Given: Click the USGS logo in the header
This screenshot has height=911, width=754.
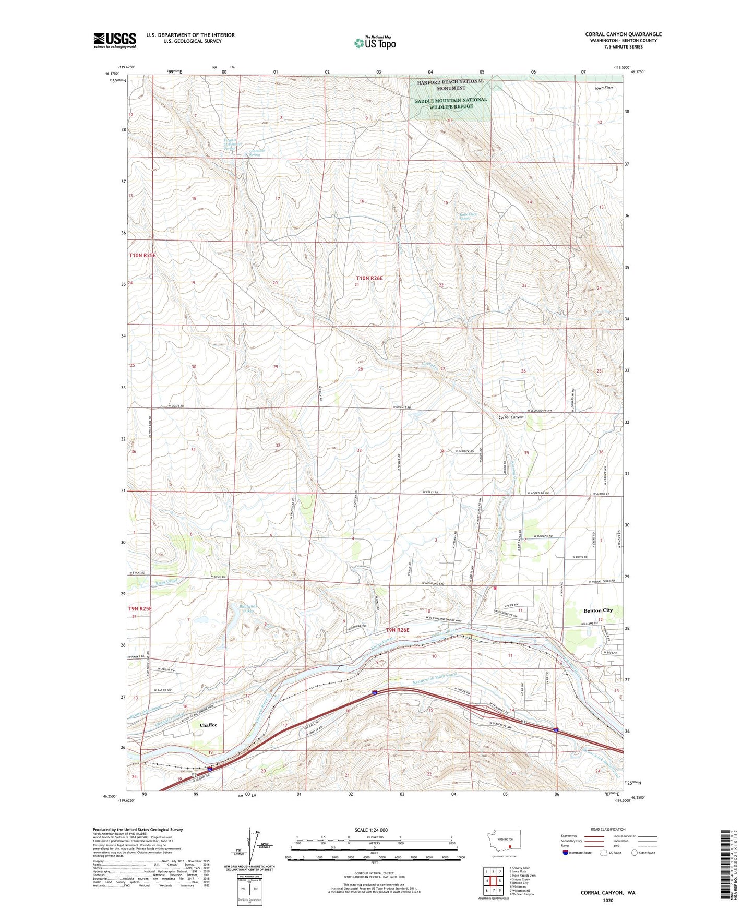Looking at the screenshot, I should [115, 40].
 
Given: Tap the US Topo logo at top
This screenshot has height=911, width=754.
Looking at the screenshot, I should [374, 43].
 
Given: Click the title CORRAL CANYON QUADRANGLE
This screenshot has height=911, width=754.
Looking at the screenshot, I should [623, 34].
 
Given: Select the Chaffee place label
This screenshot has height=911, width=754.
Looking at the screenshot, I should [208, 725].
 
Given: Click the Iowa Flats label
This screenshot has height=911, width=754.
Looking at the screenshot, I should [604, 88].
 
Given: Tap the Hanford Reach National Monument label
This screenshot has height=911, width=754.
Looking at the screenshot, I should [450, 85].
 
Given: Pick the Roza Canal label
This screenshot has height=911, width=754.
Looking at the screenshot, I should [166, 581].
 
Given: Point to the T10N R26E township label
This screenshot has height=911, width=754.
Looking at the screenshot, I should [369, 278].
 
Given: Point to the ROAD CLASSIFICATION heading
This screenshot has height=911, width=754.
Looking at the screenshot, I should [608, 829].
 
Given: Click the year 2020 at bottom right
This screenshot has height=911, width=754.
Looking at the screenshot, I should [607, 900].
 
